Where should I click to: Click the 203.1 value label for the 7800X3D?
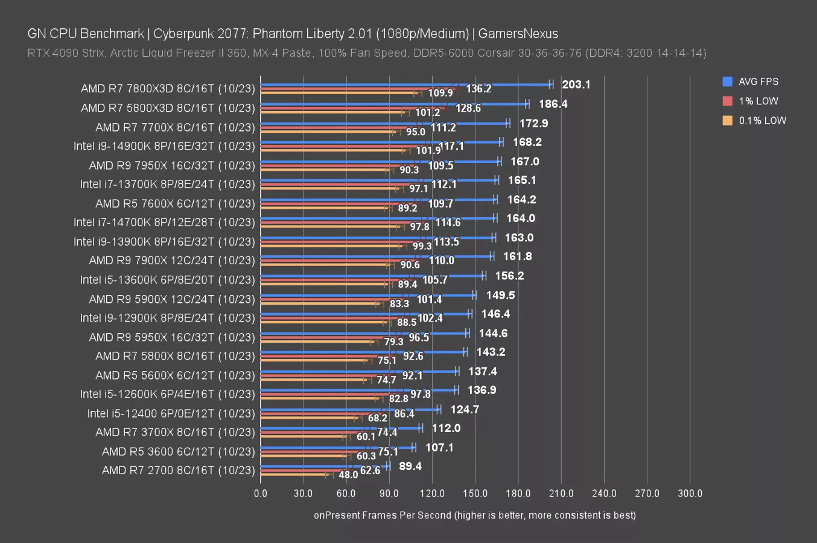[576, 84]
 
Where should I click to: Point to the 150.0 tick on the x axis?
[475, 494]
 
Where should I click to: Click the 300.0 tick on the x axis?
[690, 494]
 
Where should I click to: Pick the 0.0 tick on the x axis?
[261, 494]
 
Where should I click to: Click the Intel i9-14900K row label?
[164, 146]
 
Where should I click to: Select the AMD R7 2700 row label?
[178, 470]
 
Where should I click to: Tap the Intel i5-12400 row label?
[171, 413]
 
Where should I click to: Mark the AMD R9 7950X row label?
[172, 165]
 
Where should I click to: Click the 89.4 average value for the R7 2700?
[410, 466]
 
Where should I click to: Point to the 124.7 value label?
[465, 410]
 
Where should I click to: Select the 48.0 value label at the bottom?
[348, 475]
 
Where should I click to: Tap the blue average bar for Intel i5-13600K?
[372, 276]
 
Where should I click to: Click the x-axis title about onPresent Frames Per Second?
[474, 515]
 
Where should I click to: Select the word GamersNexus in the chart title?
[518, 34]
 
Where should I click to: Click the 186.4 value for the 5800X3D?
[553, 104]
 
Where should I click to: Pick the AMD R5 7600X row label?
[175, 203]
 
